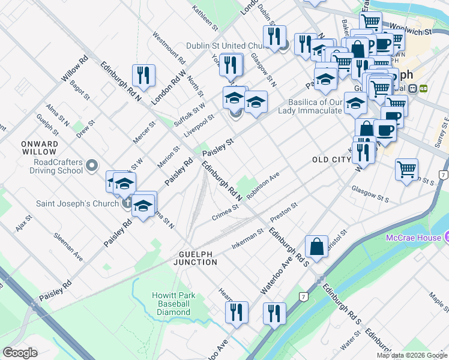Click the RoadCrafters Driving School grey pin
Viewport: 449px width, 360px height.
pyautogui.click(x=92, y=164)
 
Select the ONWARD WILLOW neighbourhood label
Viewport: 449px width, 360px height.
pyautogui.click(x=39, y=148)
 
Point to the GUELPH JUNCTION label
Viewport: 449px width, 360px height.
pyautogui.click(x=196, y=258)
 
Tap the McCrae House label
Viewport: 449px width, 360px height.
pyautogui.click(x=413, y=238)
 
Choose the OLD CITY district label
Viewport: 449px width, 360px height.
pyautogui.click(x=331, y=160)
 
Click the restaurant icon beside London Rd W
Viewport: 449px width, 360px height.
pyautogui.click(x=143, y=75)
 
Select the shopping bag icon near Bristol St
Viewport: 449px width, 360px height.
pyautogui.click(x=316, y=246)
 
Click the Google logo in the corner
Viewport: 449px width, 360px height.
pyautogui.click(x=20, y=352)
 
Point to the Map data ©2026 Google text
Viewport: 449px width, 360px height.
pyautogui.click(x=412, y=355)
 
